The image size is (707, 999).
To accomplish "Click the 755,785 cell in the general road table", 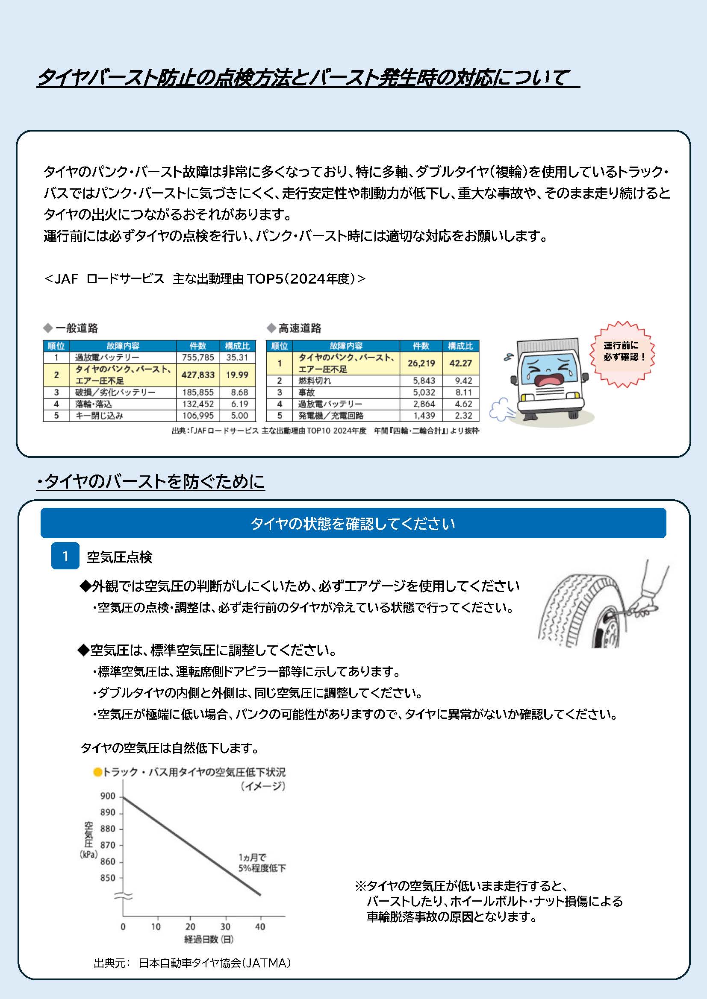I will [198, 357].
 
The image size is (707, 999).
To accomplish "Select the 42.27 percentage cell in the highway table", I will [461, 363].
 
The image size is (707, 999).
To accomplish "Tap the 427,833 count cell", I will [198, 375].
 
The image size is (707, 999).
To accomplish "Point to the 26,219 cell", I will [421, 363].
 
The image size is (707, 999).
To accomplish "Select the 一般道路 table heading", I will [76, 328].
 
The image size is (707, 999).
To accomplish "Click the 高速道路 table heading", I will [300, 328].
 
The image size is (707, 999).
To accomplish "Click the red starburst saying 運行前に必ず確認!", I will [622, 352].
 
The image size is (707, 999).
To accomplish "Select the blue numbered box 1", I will [65, 556].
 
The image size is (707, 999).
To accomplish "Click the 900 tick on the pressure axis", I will [108, 796].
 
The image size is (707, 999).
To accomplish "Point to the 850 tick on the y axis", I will [108, 878].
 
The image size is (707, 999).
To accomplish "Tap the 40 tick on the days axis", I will [260, 927].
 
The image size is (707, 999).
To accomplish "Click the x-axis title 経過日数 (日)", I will [209, 939].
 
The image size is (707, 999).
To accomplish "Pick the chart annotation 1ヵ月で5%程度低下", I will [262, 863].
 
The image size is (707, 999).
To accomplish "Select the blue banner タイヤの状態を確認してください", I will [353, 523].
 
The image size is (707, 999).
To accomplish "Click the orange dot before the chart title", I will [97, 772].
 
